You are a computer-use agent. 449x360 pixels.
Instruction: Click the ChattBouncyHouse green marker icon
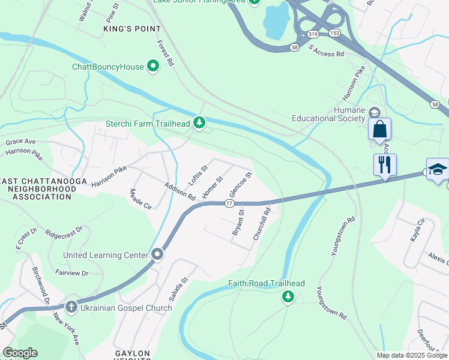pos(153,67)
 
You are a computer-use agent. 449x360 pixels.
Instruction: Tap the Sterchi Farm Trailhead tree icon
pos(199,124)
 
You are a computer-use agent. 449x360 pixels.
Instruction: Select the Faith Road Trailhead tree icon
pos(288,296)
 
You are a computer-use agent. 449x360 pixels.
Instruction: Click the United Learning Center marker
pos(157,255)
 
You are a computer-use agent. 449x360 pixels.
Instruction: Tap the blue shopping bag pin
pos(379,129)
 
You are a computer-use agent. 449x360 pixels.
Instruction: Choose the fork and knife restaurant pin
pos(385,164)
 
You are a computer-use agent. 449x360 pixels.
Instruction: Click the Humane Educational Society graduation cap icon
pos(374,113)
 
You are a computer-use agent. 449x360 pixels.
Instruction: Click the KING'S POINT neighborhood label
pos(132,29)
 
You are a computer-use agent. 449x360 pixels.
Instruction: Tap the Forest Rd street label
pos(166,53)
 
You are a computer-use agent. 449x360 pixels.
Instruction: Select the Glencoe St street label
pos(240,185)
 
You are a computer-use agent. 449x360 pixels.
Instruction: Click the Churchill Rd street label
pos(262,223)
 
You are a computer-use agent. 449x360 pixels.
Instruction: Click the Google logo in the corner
pos(20,353)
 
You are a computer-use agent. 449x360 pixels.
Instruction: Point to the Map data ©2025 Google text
pos(412,355)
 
